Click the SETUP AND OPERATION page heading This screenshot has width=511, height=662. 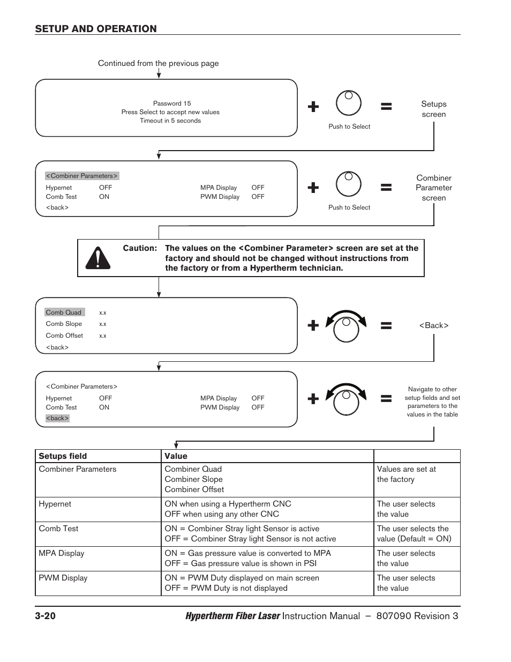[x=96, y=29]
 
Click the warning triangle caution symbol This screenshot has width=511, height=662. [x=97, y=258]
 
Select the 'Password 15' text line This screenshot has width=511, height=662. [x=172, y=103]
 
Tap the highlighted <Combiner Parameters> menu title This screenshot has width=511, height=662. [x=81, y=176]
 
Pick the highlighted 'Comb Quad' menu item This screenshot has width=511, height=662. [x=64, y=313]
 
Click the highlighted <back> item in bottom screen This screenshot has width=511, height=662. [x=57, y=418]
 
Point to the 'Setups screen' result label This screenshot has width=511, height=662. [x=433, y=109]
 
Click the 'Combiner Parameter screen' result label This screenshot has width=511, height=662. [x=433, y=188]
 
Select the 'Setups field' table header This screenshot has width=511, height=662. [x=63, y=456]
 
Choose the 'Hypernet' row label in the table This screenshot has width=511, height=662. [x=55, y=504]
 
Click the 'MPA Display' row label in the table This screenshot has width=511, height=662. [x=61, y=553]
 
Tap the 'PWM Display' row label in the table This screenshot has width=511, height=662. [x=63, y=578]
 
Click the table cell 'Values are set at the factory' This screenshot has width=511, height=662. [x=406, y=474]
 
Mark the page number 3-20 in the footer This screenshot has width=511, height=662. [x=46, y=616]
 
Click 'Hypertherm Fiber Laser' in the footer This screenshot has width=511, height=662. [x=232, y=616]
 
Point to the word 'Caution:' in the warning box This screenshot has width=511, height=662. [x=140, y=248]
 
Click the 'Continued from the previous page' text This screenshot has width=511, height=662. [x=158, y=63]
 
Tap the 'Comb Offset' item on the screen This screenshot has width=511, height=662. [x=64, y=336]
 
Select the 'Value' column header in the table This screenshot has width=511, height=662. [x=176, y=456]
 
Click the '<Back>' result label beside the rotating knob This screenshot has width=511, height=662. [x=433, y=325]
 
